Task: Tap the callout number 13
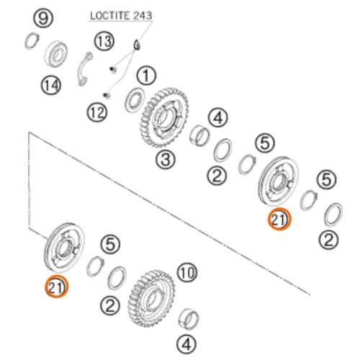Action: (104, 41)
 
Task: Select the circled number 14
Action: (51, 85)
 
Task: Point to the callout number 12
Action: (97, 112)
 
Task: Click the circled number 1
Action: (146, 76)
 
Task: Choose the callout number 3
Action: (166, 159)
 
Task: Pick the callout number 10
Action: (187, 272)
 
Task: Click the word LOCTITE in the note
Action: (107, 16)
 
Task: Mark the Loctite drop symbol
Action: (137, 45)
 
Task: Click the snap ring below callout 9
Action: (32, 41)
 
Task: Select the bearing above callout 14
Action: (56, 54)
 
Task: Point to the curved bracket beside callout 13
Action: (84, 69)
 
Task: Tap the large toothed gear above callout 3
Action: (163, 117)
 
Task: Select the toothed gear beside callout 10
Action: (152, 298)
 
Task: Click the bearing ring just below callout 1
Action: (135, 100)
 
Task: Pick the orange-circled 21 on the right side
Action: (279, 219)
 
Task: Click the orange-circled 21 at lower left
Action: (57, 287)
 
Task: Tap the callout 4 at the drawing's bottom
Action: (186, 345)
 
